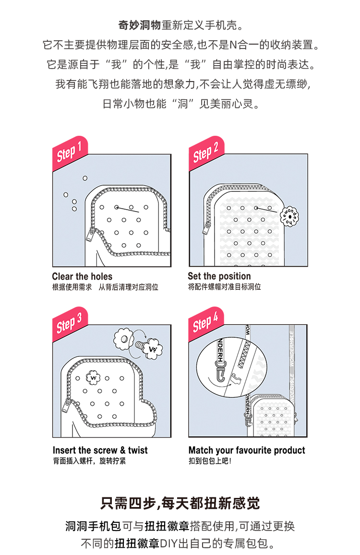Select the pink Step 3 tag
click(x=70, y=323)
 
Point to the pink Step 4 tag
click(x=206, y=323)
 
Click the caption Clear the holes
click(x=82, y=276)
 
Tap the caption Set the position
click(x=219, y=276)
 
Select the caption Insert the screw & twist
click(x=100, y=450)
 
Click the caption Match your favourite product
click(x=247, y=450)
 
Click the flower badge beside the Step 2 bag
click(x=289, y=216)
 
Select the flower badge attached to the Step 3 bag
click(x=93, y=378)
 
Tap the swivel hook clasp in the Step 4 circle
click(x=220, y=372)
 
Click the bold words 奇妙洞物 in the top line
click(x=140, y=25)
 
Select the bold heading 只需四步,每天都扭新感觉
click(x=180, y=503)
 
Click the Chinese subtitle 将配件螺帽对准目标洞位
click(x=224, y=287)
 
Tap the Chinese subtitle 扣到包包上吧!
click(x=210, y=461)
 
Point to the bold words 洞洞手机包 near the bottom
click(x=93, y=526)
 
